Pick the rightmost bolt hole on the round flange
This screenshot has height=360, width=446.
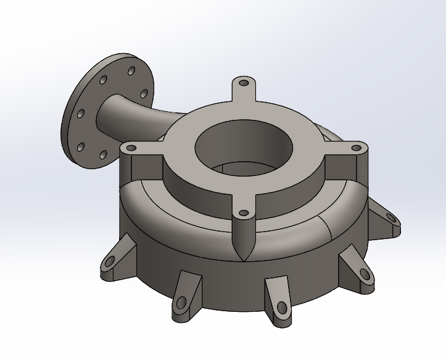point(144,93)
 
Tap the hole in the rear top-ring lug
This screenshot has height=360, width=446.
point(244,82)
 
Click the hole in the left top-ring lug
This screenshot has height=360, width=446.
point(131,148)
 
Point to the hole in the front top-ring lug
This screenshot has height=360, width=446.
point(244,213)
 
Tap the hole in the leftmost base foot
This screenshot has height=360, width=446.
point(109,261)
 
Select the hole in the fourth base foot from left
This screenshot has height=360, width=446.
point(361,274)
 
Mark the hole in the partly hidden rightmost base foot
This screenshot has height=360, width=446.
point(390,217)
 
